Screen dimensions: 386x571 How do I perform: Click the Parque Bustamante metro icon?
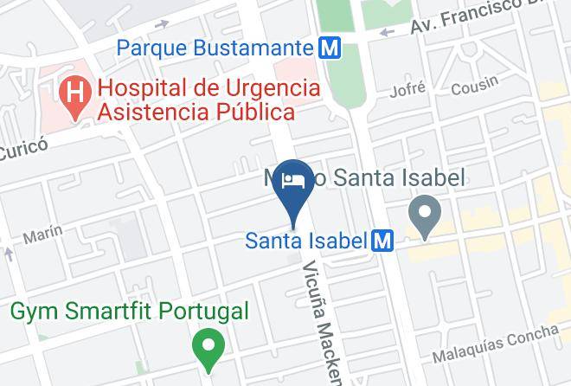coord(328,48)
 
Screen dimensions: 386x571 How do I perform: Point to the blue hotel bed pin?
coord(293,180)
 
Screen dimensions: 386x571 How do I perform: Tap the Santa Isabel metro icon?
coord(382,241)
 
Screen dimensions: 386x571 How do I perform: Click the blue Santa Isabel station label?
coord(306,241)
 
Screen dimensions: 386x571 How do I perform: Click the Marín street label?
coord(42,233)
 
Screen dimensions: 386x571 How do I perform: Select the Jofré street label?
coord(409,89)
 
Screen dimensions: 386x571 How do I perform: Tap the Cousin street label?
coord(475,82)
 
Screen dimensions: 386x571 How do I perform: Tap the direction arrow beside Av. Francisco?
coord(387,32)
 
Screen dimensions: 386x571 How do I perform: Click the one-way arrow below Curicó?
coord(8,254)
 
